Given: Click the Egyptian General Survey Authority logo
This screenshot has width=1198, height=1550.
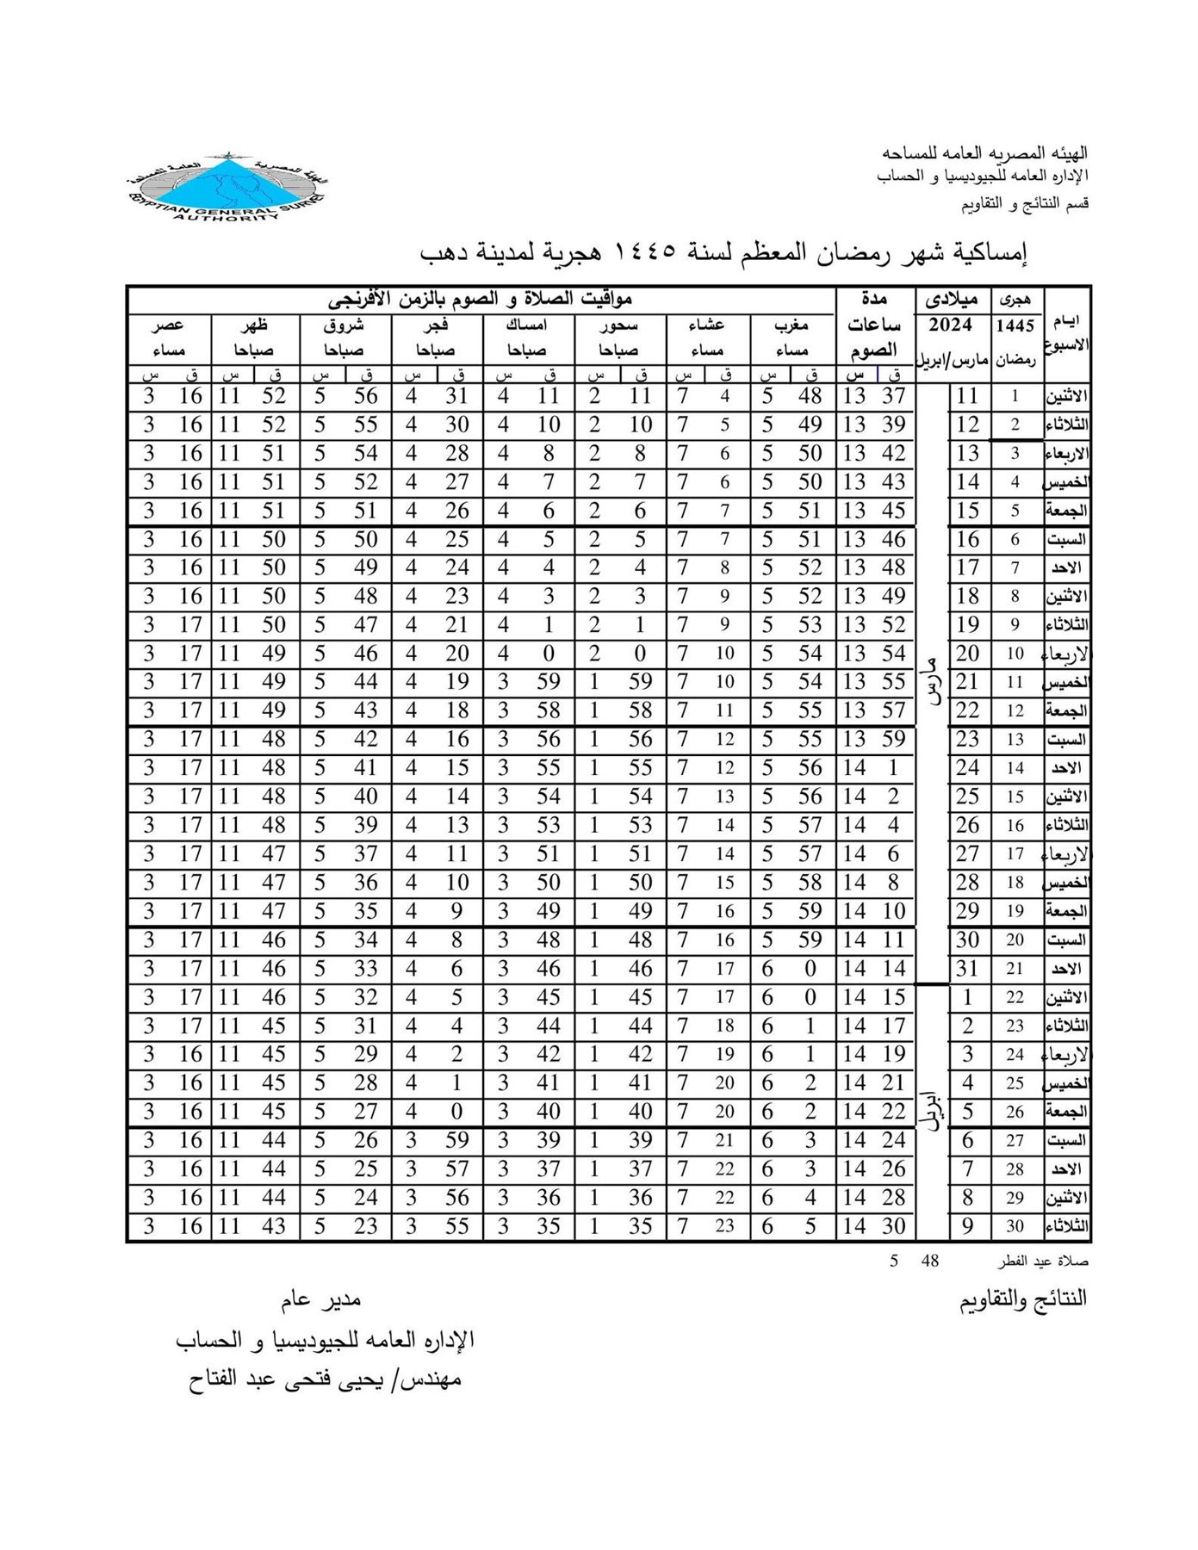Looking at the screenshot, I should click(x=227, y=188).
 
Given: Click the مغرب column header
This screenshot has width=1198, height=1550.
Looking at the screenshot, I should click(x=791, y=325).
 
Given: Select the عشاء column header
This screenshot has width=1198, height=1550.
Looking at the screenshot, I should click(x=706, y=325).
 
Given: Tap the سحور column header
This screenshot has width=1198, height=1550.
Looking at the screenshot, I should click(x=618, y=325).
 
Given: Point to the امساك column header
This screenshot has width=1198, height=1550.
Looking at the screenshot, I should click(x=526, y=325).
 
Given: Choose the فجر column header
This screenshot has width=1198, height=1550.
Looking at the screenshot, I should click(x=435, y=325).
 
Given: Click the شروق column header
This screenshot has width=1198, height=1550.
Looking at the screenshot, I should click(x=344, y=325).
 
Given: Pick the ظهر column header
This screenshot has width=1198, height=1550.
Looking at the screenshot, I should click(x=254, y=325).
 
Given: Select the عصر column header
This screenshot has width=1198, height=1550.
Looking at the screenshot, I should click(x=168, y=325).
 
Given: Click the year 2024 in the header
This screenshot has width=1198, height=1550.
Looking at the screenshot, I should click(x=950, y=325).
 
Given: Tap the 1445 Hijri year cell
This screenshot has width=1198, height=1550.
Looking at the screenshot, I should click(x=1015, y=326).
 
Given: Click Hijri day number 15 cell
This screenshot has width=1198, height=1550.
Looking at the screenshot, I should click(x=1015, y=797).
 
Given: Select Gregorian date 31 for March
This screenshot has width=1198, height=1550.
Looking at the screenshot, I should click(x=968, y=969).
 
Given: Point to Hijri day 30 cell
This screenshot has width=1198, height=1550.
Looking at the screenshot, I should click(x=1015, y=1226).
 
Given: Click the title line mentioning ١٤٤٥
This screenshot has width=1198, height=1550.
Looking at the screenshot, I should click(x=723, y=253).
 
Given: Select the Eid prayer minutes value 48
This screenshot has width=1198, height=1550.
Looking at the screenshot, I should click(x=929, y=1261).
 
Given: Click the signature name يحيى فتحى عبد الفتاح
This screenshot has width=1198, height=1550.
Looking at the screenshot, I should click(x=326, y=1379).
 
